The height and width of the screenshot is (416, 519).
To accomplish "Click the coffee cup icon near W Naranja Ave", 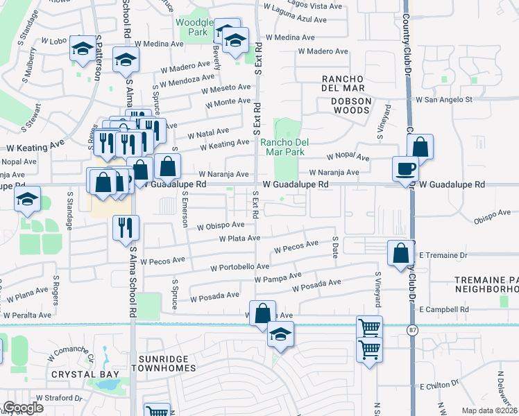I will coord(405,168).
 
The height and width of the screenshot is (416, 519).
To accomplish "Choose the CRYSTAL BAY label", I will coord(85,374).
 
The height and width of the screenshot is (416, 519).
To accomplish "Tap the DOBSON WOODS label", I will coord(346,101).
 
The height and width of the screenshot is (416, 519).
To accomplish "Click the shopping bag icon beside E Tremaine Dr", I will coord(401,253).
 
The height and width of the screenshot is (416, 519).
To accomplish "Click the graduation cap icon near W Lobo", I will coord(83,49).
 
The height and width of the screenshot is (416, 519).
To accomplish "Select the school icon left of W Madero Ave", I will coord(126,61).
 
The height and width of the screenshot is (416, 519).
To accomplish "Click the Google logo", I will coord(24,408).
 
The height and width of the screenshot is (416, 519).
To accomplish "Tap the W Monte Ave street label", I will coord(226,102).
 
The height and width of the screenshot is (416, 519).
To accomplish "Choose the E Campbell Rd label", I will coord(444,310).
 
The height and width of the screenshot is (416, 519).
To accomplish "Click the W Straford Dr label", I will coord(59,399).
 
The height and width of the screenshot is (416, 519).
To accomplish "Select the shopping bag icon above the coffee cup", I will coord(420,147).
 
